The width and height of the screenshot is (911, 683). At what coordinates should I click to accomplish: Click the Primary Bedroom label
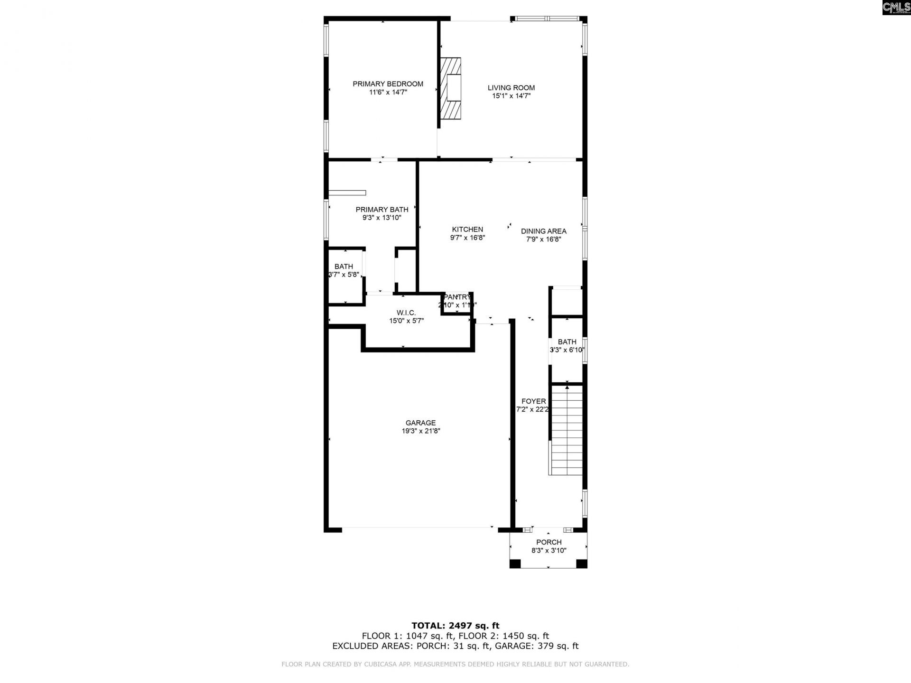click(x=388, y=84)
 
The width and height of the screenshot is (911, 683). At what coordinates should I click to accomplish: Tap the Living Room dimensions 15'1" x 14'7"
click(x=511, y=96)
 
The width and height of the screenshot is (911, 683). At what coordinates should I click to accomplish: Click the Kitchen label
click(x=467, y=230)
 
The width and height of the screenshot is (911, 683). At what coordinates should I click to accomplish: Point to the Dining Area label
click(x=543, y=231)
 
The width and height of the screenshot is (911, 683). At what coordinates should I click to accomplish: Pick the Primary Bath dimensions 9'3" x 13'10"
click(x=382, y=218)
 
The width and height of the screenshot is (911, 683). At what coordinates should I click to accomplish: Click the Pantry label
click(x=457, y=297)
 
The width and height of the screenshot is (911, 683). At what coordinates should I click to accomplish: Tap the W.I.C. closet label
click(x=406, y=313)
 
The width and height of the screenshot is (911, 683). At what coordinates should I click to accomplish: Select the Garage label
click(x=420, y=423)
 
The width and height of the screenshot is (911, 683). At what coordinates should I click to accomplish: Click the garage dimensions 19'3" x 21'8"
click(x=420, y=431)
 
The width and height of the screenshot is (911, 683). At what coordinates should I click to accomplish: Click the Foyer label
click(x=533, y=401)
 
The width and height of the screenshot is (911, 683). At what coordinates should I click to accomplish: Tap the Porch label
click(x=548, y=542)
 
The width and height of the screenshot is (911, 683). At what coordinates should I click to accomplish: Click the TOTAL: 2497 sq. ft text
click(x=455, y=626)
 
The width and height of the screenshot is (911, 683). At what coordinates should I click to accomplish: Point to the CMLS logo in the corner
click(x=896, y=7)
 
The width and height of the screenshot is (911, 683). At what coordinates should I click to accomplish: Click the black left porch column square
click(x=515, y=563)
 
